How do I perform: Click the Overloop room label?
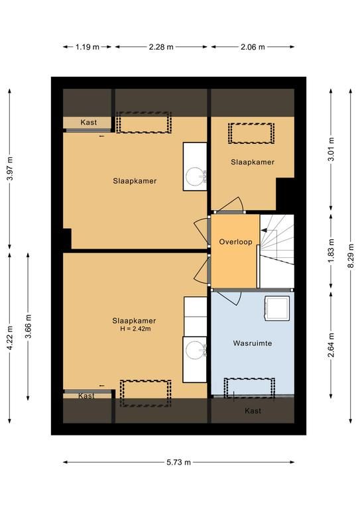click(x=235, y=242)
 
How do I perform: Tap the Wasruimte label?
click(x=253, y=343)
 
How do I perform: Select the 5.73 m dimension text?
click(x=178, y=462)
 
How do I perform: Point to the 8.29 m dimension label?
click(x=351, y=256)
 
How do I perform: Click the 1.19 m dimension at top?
click(x=88, y=47)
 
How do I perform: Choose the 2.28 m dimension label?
click(x=161, y=47)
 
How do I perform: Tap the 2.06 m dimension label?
click(x=253, y=47)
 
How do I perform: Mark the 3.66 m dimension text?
click(x=29, y=326)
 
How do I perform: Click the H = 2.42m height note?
click(x=135, y=329)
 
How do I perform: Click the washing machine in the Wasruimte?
click(x=277, y=308)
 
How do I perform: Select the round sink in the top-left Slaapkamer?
click(x=195, y=176)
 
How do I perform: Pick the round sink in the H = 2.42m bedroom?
click(x=195, y=350)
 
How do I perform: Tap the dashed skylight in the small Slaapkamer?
click(x=251, y=133)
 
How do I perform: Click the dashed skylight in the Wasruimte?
click(x=250, y=388)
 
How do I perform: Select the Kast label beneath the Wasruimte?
click(x=253, y=411)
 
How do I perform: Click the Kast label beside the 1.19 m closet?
click(x=89, y=123)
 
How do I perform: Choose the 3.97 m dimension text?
click(x=10, y=169)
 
